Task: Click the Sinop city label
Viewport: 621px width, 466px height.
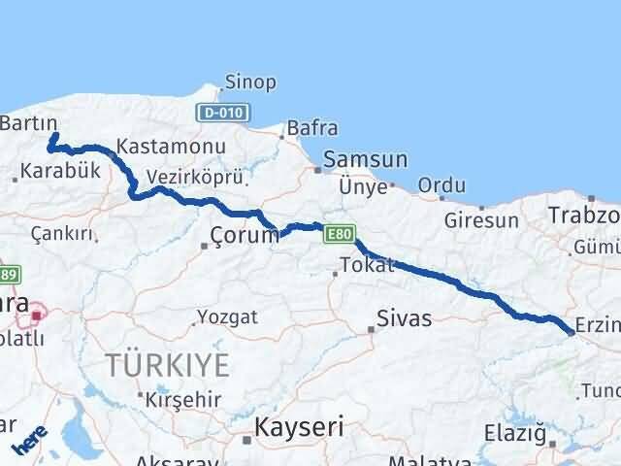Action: [x=250, y=83]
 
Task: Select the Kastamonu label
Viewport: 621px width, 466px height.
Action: [x=170, y=148]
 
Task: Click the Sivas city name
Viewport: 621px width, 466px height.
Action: [x=404, y=317]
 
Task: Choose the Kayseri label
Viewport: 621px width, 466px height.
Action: [x=299, y=425]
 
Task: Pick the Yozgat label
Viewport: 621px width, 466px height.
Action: [x=228, y=316]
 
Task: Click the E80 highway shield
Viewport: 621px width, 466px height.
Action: [x=338, y=234]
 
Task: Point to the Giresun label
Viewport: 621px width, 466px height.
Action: [x=481, y=220]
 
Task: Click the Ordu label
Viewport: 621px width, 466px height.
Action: [x=441, y=185]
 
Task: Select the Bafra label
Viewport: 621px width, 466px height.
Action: [x=312, y=128]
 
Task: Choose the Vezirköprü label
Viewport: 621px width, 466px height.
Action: [x=193, y=177]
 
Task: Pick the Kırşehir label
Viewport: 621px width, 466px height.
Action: [x=184, y=400]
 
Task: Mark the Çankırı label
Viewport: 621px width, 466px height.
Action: [x=62, y=234]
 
